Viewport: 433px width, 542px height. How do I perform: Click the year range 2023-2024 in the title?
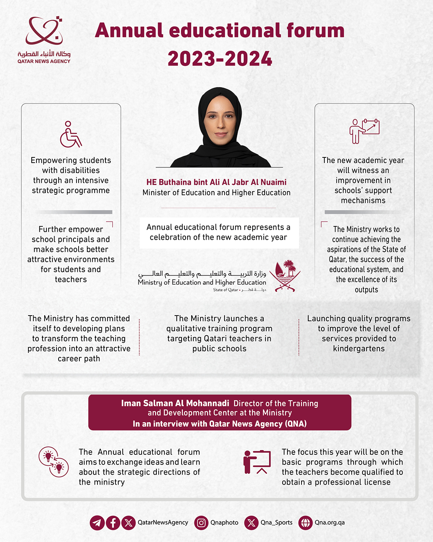[220, 59]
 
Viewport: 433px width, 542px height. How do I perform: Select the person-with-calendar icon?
[364, 131]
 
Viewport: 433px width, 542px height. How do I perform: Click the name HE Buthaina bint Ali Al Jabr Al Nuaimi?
[216, 182]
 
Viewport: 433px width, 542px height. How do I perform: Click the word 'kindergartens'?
[359, 348]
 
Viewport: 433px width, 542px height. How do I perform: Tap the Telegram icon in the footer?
[97, 523]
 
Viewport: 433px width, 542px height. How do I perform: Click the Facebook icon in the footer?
[113, 523]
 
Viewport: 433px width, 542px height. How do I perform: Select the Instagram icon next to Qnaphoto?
[201, 523]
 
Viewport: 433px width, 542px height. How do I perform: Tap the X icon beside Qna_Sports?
[251, 523]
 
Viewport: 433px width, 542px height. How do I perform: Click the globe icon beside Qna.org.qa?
[306, 523]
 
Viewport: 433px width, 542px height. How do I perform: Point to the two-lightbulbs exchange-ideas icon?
[54, 462]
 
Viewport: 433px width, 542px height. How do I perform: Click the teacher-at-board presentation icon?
[257, 462]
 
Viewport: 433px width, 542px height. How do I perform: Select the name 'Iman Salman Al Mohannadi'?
[175, 403]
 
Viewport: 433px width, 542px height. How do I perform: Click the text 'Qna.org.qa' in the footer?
[330, 523]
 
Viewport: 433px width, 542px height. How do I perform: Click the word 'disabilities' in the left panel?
[71, 170]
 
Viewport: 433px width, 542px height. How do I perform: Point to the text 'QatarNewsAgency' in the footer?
[163, 523]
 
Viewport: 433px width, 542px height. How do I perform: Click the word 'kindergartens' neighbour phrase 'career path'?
[79, 359]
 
